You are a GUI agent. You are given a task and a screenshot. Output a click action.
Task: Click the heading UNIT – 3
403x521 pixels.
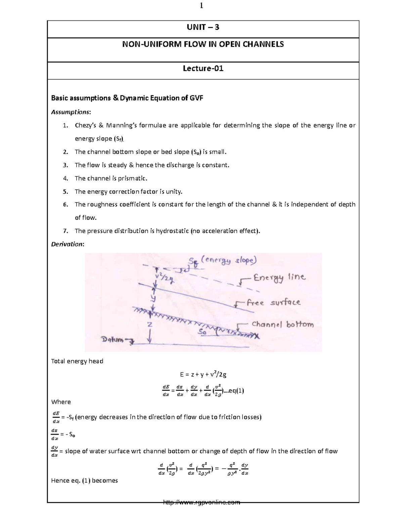(203, 28)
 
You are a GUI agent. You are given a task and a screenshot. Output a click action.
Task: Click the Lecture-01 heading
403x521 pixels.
(203, 69)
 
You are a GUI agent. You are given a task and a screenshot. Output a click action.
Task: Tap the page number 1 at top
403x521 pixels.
(202, 5)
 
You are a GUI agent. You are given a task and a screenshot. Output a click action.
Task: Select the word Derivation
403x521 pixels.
(67, 244)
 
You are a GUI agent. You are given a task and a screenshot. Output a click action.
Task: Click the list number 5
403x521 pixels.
(65, 192)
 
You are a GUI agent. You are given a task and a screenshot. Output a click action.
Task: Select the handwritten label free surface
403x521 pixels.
(273, 303)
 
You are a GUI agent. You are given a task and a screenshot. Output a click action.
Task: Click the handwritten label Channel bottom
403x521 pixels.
(282, 324)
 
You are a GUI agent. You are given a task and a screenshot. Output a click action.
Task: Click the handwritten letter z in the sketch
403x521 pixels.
(150, 325)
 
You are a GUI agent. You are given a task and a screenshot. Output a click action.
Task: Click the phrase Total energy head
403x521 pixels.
(77, 361)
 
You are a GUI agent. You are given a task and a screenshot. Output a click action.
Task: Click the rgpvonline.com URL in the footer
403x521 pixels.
(201, 502)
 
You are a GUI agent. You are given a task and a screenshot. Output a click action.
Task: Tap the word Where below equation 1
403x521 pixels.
(61, 402)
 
